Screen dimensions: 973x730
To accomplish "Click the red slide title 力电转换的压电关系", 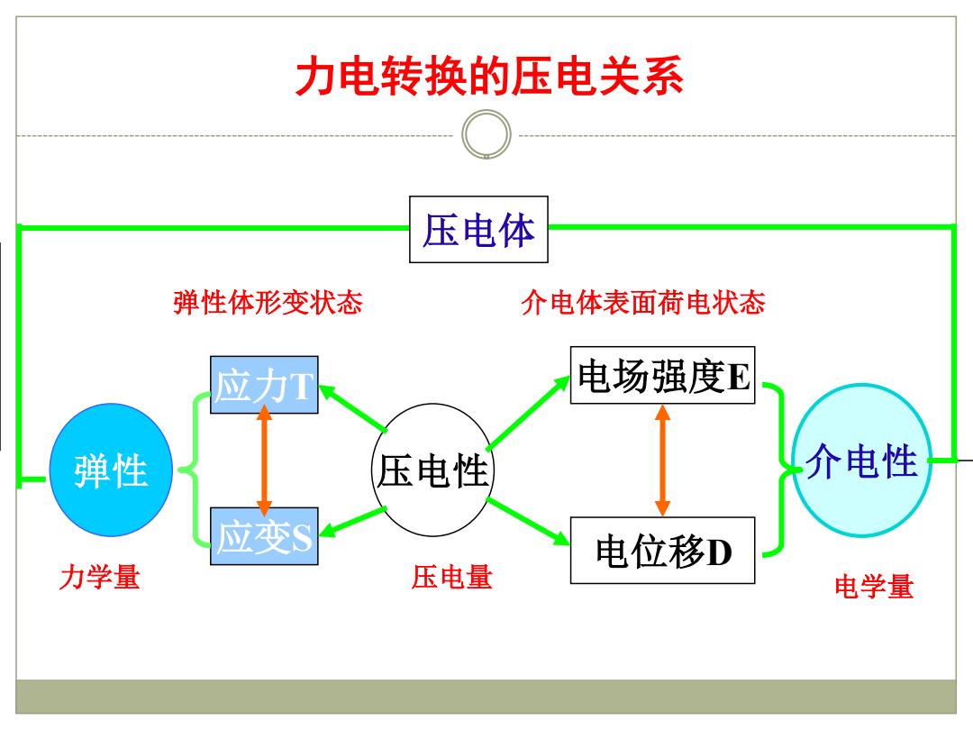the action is [x=489, y=77].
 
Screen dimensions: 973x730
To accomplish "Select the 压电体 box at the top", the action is [x=478, y=229].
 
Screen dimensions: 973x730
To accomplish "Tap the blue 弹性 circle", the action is [x=111, y=470].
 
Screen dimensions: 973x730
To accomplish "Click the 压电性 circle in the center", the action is [x=433, y=470].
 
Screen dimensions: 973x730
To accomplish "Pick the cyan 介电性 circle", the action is [x=862, y=460].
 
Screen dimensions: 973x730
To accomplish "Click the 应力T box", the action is [x=264, y=385].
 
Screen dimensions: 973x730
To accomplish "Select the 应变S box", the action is [x=264, y=535].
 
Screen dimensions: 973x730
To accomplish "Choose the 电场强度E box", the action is [x=663, y=375].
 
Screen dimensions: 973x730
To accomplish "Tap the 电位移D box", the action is [x=663, y=550].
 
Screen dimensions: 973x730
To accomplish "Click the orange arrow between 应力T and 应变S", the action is [x=264, y=460].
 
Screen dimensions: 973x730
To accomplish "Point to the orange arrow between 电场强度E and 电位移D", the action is [x=663, y=460].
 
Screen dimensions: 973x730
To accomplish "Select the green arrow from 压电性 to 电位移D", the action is [x=528, y=522].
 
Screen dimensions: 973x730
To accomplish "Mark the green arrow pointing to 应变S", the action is [x=352, y=522].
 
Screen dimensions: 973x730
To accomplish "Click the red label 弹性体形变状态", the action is [x=268, y=303].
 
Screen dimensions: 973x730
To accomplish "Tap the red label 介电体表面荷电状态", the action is [x=643, y=303].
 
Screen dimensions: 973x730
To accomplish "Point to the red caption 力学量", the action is [x=100, y=577].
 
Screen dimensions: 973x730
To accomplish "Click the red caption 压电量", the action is [x=451, y=577].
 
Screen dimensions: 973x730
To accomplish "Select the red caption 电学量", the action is [x=874, y=587].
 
